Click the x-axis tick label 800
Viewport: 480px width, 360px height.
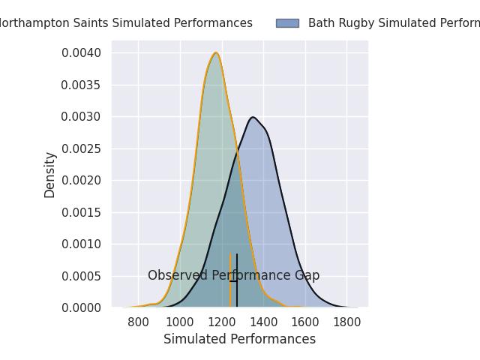click(x=138, y=322)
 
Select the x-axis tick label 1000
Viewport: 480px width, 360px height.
click(x=180, y=322)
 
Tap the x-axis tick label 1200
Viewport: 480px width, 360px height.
click(x=221, y=322)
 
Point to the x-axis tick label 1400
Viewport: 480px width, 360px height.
click(x=263, y=322)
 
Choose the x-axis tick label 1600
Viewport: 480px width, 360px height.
click(x=305, y=322)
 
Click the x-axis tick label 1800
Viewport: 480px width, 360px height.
click(x=346, y=322)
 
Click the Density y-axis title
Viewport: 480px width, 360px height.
click(x=50, y=175)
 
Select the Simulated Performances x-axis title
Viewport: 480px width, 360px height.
click(x=240, y=340)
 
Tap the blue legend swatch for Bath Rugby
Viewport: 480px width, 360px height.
click(x=287, y=23)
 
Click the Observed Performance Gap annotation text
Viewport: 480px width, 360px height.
click(x=234, y=276)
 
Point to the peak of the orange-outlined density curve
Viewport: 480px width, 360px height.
click(x=216, y=52)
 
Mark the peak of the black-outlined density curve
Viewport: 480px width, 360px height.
click(x=253, y=117)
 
